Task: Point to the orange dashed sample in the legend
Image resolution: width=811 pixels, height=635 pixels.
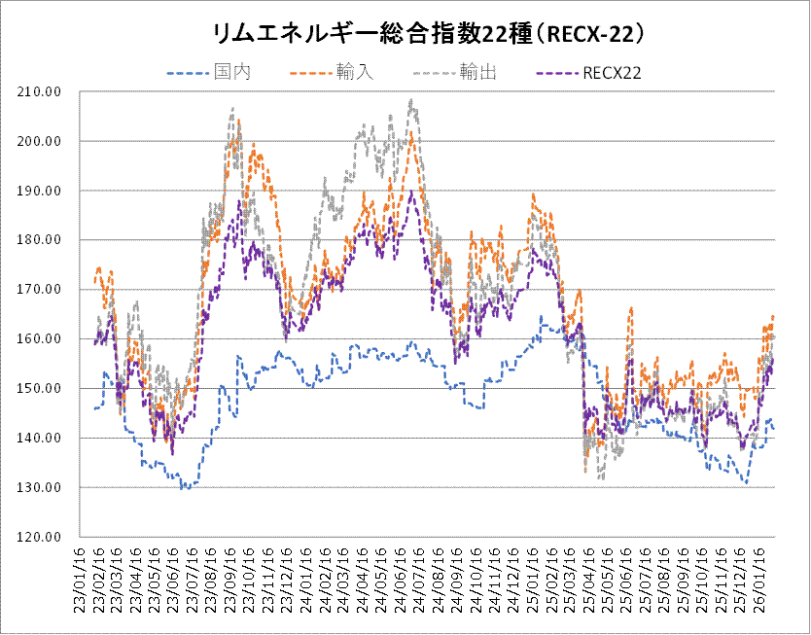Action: pos(310,73)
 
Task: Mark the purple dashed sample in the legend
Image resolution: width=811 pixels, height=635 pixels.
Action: pos(557,73)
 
